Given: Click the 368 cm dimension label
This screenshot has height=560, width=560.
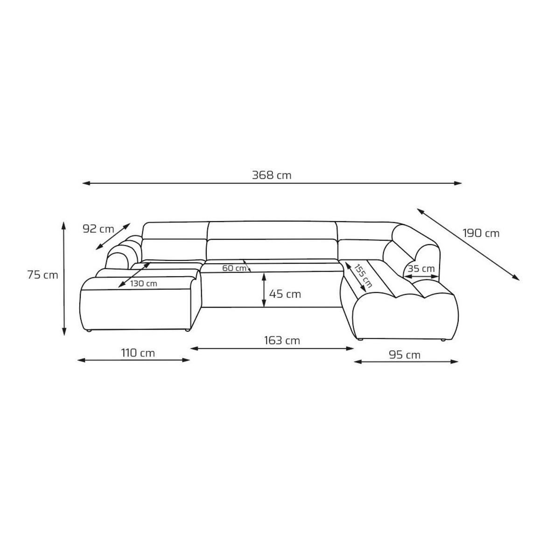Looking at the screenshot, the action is (x=272, y=175).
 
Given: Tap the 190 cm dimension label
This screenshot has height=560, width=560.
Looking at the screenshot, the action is (x=481, y=233).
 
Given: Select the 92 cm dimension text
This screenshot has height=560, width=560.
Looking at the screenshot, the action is (x=98, y=229).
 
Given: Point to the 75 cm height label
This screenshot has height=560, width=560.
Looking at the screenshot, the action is (x=43, y=275).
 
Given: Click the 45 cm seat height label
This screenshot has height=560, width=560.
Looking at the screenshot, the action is (x=285, y=294).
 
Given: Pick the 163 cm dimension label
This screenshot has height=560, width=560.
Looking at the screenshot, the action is (x=282, y=341).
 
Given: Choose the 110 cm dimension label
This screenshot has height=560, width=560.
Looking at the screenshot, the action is (x=138, y=353).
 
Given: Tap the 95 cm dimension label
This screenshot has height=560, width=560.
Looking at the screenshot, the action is (x=405, y=355).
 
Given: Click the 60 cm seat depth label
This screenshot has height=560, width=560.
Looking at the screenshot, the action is (x=234, y=268).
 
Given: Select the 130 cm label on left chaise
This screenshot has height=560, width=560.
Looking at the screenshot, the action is (x=144, y=283).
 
